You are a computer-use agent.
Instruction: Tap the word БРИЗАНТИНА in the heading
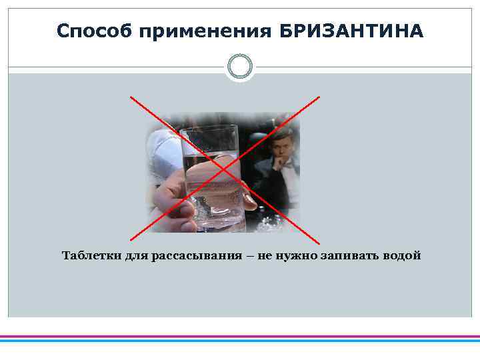click(351, 31)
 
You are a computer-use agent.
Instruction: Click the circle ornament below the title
click(240, 67)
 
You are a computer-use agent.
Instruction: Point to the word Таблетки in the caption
click(91, 256)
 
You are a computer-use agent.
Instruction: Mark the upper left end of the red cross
click(131, 97)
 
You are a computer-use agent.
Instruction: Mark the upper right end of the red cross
click(319, 97)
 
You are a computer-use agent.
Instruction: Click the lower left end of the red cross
click(130, 239)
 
